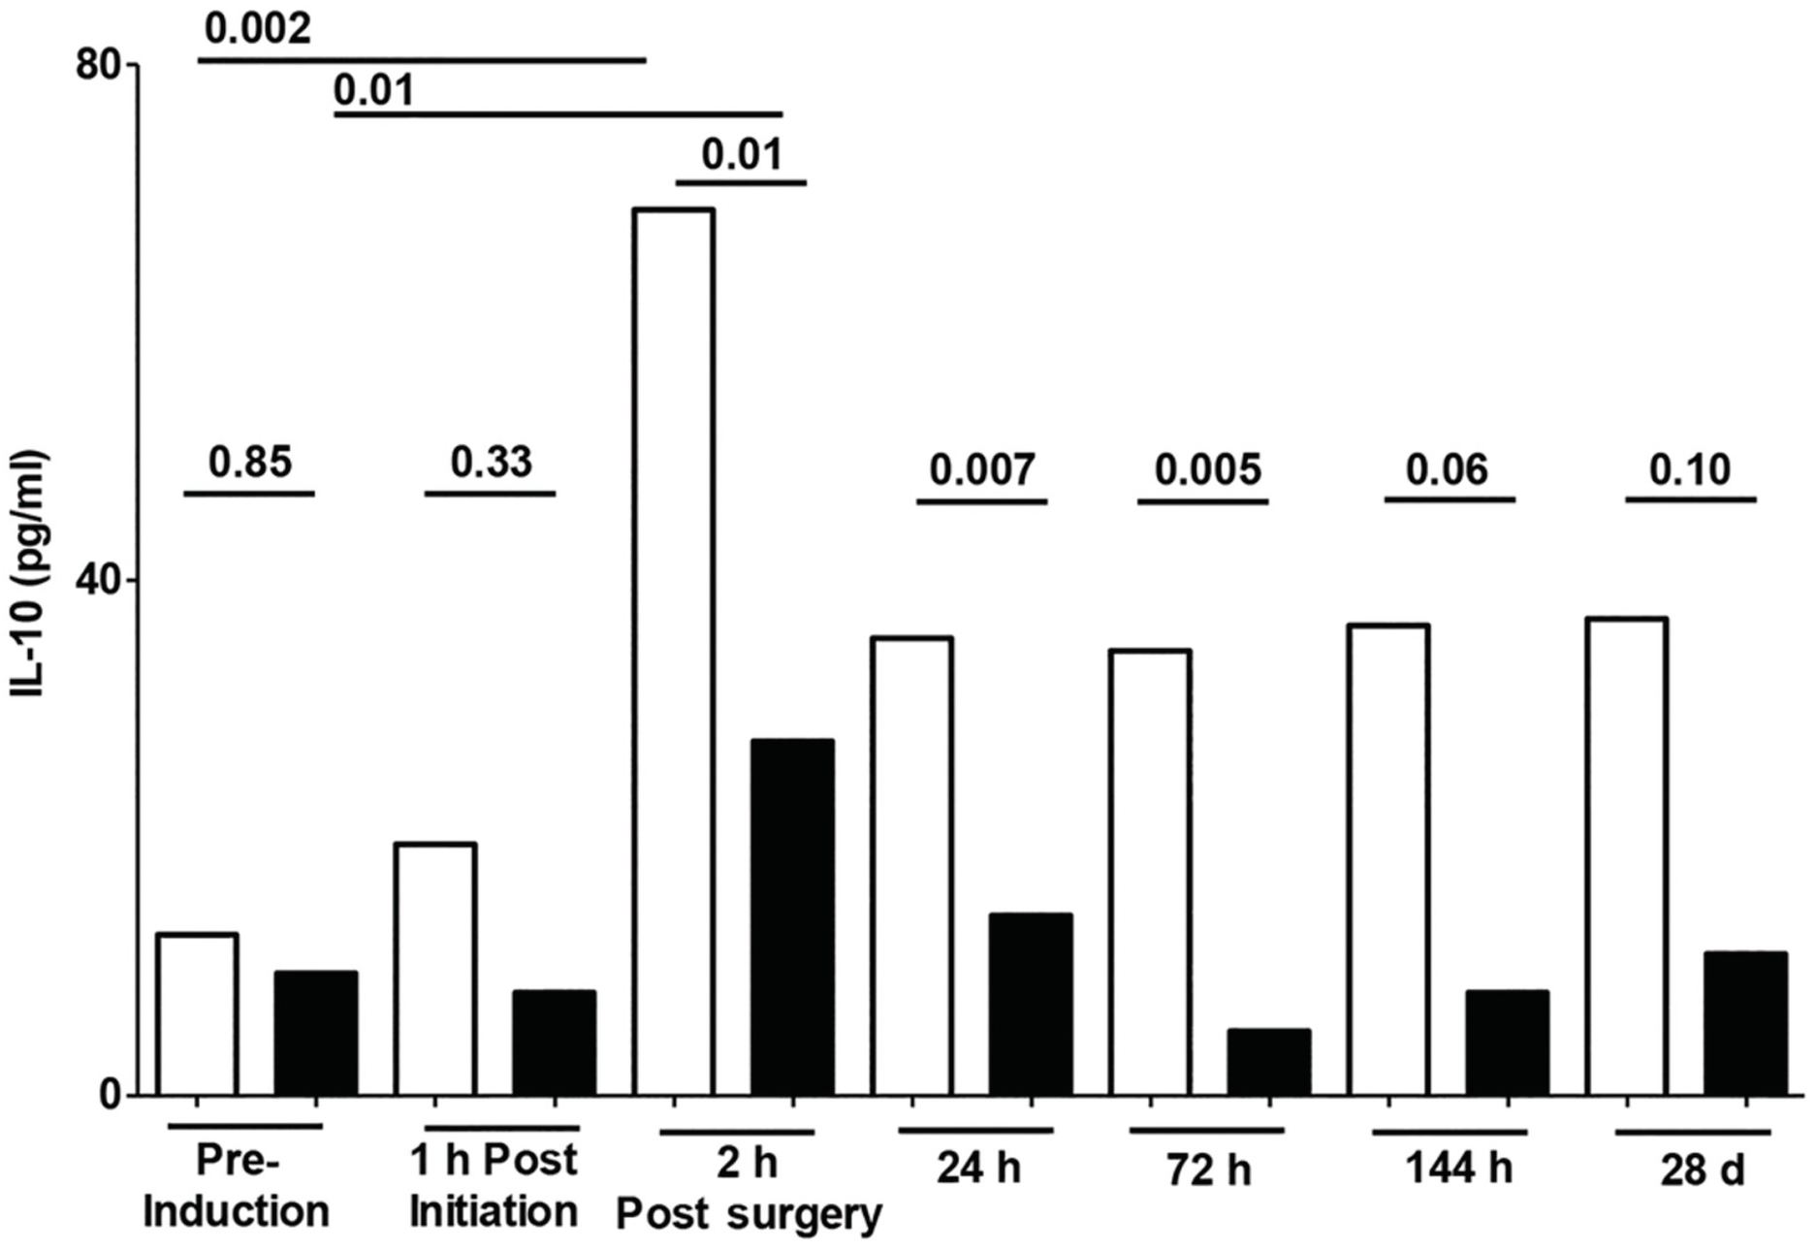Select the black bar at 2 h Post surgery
[x=792, y=917]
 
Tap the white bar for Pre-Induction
[x=197, y=1014]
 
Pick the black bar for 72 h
[x=1268, y=1062]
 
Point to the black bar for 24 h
[x=1030, y=1005]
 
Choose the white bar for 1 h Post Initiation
[x=435, y=969]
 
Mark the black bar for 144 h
[x=1507, y=1042]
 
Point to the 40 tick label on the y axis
[x=98, y=580]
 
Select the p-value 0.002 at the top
[x=258, y=29]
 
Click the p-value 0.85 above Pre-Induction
[x=250, y=462]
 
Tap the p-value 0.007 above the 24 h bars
[x=982, y=469]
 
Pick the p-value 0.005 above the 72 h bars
[x=1207, y=469]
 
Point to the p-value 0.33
[x=491, y=462]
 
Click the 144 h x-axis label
[x=1457, y=1169]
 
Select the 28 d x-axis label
[x=1702, y=1170]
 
